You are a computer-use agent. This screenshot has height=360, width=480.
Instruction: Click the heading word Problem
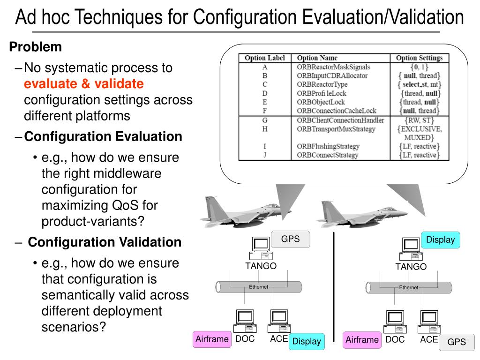36,47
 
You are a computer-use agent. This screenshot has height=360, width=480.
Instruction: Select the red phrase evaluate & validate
84,84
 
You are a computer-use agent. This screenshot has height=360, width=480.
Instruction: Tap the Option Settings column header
419,58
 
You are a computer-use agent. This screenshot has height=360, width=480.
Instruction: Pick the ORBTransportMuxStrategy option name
336,128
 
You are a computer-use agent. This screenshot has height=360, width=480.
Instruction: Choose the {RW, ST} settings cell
419,120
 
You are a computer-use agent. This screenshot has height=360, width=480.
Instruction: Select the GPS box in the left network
290,239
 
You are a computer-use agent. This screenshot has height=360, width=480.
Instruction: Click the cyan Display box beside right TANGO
440,240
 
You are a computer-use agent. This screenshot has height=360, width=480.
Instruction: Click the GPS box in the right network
457,342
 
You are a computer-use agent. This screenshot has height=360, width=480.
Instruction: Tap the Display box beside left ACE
307,341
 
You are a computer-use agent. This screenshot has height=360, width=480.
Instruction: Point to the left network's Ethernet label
258,287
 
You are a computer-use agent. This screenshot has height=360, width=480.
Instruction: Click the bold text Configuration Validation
105,242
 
